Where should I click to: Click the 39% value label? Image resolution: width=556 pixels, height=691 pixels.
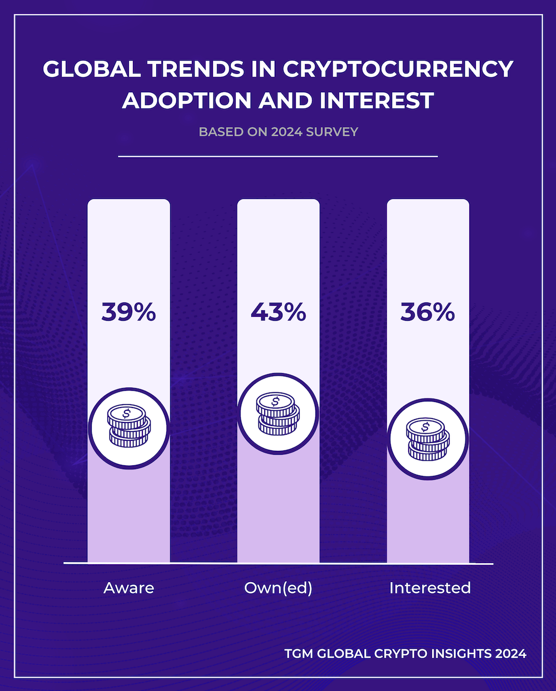pos(128,312)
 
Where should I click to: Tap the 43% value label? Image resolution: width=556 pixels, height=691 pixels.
pos(278,312)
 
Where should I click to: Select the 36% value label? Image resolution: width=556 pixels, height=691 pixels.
pos(428,312)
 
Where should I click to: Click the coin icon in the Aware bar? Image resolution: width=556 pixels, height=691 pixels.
pos(128,427)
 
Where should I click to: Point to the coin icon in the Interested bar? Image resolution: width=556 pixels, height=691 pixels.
pos(428,439)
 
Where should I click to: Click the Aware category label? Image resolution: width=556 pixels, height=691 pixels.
pos(128,588)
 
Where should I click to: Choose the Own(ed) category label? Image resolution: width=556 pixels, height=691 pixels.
pos(278,588)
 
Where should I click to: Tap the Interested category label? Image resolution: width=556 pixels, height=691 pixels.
pos(430,588)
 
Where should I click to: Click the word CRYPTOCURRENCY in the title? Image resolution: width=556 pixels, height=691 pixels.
pos(398,69)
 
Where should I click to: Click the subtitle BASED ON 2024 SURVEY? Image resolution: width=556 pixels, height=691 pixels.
pos(278,132)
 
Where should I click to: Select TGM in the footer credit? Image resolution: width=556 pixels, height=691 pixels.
pos(299,654)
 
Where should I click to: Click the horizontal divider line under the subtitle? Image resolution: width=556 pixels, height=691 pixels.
pos(278,157)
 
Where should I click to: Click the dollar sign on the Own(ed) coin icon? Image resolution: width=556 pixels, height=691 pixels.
pos(275,400)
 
